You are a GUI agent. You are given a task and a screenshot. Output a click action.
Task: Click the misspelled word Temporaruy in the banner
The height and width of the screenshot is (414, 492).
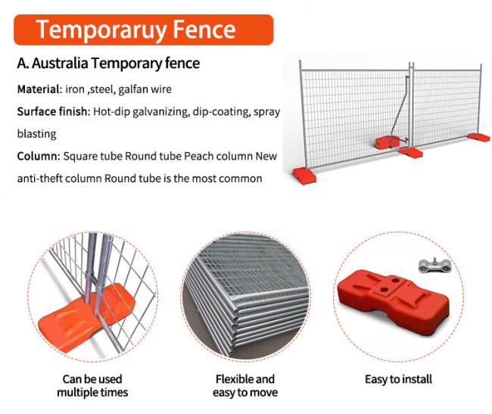[101, 30]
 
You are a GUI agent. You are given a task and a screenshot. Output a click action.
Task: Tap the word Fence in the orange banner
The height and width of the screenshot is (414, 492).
[204, 30]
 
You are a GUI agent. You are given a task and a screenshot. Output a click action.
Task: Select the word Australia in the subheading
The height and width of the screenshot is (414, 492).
[60, 63]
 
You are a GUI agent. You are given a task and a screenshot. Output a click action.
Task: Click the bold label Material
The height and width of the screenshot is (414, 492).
[39, 89]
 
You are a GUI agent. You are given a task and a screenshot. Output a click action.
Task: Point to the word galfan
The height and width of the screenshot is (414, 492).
[132, 90]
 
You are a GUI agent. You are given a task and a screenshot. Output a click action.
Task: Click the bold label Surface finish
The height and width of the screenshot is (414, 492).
[53, 112]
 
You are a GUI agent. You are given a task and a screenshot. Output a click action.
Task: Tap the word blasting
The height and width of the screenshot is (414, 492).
[37, 134]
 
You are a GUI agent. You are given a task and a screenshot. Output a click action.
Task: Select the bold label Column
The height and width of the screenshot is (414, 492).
[39, 156]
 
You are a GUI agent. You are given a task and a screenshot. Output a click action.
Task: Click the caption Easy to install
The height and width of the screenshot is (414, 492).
[398, 379]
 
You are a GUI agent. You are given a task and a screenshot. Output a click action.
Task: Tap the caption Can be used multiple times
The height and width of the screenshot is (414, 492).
[92, 386]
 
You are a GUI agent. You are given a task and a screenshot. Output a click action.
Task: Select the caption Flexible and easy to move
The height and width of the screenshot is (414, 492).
[245, 386]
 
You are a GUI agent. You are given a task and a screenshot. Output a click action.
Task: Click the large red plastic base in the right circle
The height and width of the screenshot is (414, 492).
[394, 300]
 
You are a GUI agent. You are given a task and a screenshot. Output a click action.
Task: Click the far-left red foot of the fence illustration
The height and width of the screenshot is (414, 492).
[304, 176]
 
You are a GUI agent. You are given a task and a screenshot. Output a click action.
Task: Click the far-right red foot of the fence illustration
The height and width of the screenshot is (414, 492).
[478, 137]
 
